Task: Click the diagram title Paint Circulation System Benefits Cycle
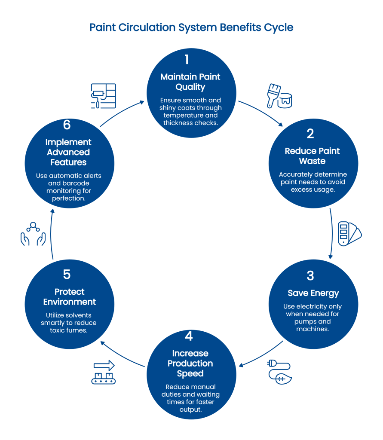tap(191, 28)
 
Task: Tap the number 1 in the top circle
tap(187, 60)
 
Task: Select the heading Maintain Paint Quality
tap(190, 82)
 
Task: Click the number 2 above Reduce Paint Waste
tap(310, 134)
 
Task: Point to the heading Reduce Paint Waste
tap(312, 156)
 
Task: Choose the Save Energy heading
tap(313, 293)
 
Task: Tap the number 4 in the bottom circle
tap(189, 336)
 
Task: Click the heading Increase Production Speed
tap(190, 364)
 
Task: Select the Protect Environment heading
tap(70, 297)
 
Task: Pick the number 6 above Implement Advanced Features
tap(67, 125)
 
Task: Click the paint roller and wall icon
tap(104, 96)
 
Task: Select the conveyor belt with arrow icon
tap(104, 372)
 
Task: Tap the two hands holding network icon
tap(33, 234)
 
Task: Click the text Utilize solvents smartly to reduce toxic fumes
tap(69, 323)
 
